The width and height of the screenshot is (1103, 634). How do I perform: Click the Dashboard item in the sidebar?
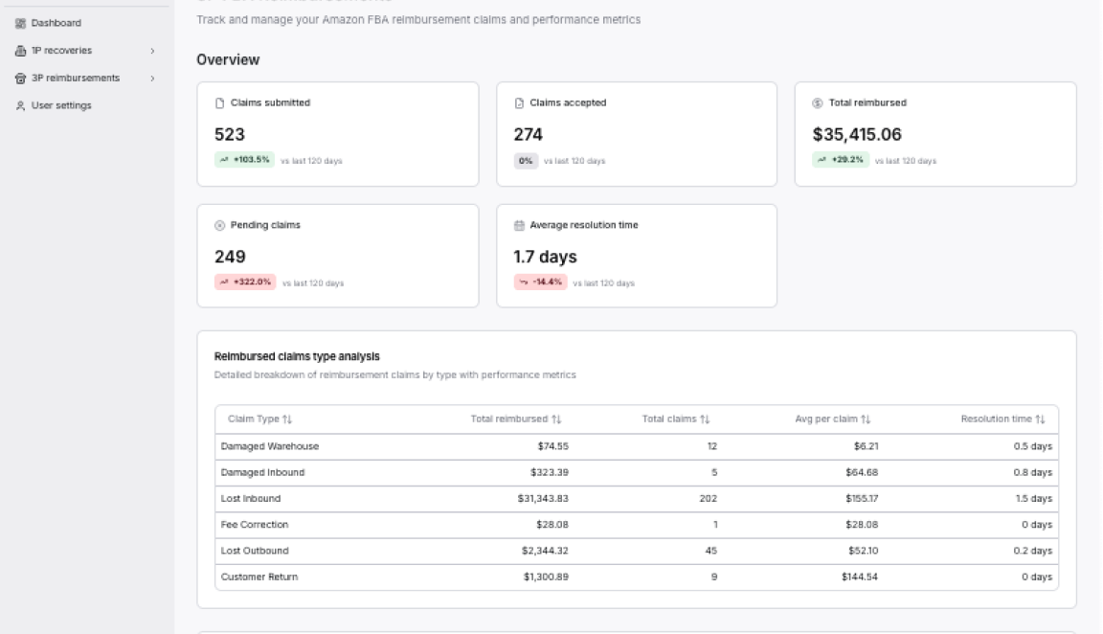(x=56, y=23)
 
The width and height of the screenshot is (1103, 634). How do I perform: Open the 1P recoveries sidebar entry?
(x=61, y=50)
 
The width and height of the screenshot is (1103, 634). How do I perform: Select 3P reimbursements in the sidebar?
(x=68, y=78)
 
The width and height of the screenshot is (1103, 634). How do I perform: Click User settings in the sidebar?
(x=60, y=105)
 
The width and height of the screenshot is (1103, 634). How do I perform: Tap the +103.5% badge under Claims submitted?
(x=244, y=160)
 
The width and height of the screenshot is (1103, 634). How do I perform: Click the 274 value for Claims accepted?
(x=529, y=135)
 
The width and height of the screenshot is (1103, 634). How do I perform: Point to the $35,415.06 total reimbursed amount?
(x=857, y=135)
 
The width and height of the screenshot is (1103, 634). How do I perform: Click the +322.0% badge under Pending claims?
(x=245, y=283)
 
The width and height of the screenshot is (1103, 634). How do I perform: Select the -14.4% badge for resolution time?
(x=541, y=283)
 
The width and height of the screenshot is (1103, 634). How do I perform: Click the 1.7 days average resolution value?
(x=545, y=257)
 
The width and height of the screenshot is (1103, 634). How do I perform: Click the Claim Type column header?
(x=259, y=419)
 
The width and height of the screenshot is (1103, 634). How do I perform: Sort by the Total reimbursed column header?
(x=515, y=419)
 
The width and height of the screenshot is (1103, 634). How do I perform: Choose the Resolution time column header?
(x=1002, y=419)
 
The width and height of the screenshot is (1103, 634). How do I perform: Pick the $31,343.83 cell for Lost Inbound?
(x=543, y=499)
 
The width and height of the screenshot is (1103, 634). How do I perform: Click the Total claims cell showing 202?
(x=708, y=499)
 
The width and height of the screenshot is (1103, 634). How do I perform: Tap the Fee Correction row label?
(x=254, y=525)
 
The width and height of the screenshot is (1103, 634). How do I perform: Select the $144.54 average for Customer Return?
(x=860, y=577)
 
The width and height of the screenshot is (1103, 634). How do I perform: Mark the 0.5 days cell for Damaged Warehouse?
(x=1032, y=446)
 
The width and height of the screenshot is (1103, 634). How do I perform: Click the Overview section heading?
(x=228, y=59)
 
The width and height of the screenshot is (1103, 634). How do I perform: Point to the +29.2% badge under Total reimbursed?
(x=842, y=160)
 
